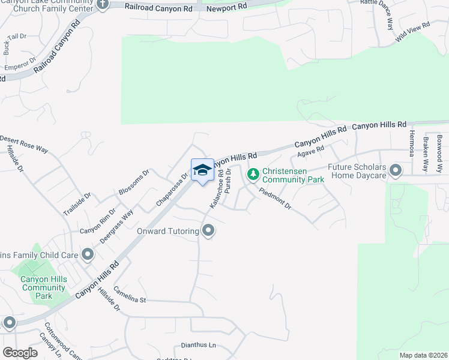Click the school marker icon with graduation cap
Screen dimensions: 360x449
(x=202, y=170)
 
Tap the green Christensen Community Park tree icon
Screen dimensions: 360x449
(x=253, y=174)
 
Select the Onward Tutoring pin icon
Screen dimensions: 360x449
(x=208, y=230)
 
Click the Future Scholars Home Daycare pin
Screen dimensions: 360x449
(x=395, y=171)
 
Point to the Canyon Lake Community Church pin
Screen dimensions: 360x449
(x=102, y=5)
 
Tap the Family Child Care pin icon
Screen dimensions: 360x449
(x=88, y=255)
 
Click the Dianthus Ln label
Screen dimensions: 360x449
(x=198, y=346)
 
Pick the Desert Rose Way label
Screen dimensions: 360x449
(x=24, y=143)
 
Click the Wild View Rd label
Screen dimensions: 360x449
(x=413, y=32)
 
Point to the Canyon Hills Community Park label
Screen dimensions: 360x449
(x=43, y=287)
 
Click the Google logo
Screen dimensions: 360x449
(x=20, y=352)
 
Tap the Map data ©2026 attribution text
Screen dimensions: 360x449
(x=423, y=355)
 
